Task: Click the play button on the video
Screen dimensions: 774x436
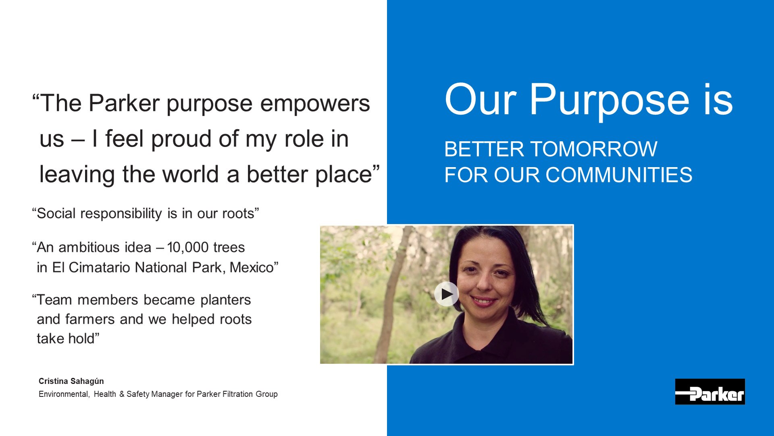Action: (446, 294)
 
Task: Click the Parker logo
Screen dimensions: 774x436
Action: (710, 392)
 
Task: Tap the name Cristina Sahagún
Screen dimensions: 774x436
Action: (71, 381)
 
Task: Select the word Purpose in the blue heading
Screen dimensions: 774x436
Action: (610, 100)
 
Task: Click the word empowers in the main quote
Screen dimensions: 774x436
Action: (315, 104)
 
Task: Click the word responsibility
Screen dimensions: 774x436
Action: (121, 214)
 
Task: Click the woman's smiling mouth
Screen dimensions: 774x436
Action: (484, 301)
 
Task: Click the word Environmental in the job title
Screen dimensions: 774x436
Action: (64, 394)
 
